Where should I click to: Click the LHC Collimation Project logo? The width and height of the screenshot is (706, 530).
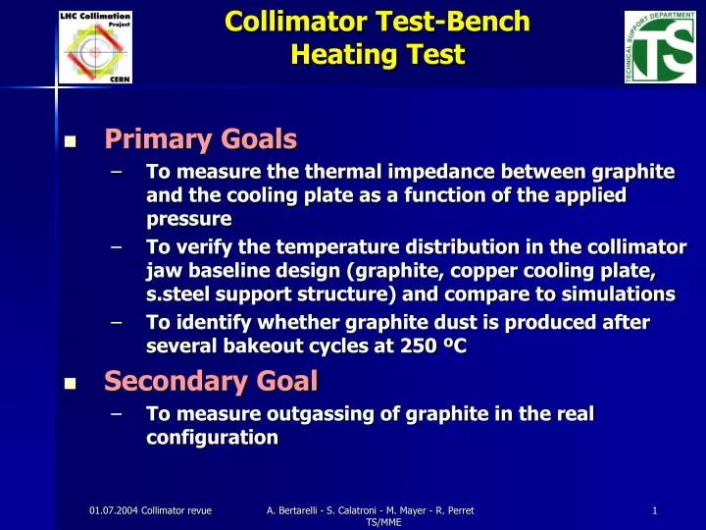[95, 45]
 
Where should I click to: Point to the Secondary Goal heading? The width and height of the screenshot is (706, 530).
[211, 379]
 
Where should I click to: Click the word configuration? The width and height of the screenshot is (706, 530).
[211, 438]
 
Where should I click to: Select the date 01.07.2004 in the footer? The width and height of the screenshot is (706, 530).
[114, 508]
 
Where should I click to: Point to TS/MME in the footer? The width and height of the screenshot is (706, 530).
[378, 522]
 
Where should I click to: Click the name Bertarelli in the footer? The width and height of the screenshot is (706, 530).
[309, 508]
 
